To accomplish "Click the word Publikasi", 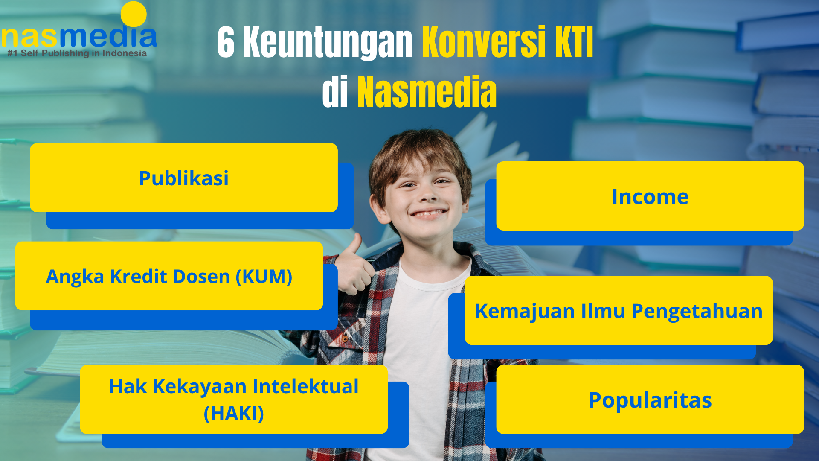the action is pos(184,178).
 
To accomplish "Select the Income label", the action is pos(650,197).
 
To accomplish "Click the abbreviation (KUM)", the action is pos(264,277).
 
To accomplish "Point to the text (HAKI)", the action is pos(234,414).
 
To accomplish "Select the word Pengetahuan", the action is pos(697,311).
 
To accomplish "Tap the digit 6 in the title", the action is pos(226,42).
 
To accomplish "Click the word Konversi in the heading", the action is pos(484,42).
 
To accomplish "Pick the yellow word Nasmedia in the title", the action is pos(427,92).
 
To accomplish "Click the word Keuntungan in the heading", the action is pos(328,43).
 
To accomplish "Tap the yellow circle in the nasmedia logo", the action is pos(134,14).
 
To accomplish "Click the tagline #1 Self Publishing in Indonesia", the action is pos(77,53).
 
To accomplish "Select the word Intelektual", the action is pos(305,387).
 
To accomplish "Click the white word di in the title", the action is pos(335,92).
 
